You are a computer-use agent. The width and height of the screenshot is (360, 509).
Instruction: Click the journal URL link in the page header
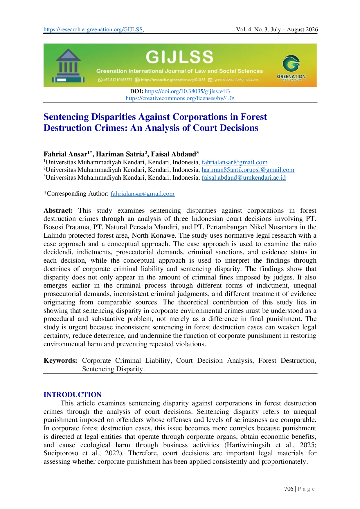pos(93,30)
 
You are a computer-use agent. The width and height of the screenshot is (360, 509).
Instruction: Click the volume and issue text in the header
pos(277,30)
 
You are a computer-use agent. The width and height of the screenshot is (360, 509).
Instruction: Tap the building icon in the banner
pos(68,66)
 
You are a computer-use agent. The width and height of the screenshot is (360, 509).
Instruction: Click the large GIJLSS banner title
pos(179,57)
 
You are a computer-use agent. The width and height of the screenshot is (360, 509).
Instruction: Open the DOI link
pos(187,91)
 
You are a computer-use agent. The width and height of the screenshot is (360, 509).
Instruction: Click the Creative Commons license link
pos(180,98)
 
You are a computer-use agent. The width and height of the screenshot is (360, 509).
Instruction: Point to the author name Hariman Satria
pos(120,154)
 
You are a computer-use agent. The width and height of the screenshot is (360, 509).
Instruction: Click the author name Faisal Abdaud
pos(173,154)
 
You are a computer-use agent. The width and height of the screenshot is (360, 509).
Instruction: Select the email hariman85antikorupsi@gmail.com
pos(248,170)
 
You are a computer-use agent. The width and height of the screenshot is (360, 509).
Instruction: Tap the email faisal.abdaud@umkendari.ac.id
pos(244,178)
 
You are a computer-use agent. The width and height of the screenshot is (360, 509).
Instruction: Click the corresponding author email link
pos(143,194)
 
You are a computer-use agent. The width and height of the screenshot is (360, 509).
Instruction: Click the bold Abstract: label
pos(58,211)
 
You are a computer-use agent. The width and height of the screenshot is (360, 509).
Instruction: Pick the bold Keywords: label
pos(60,361)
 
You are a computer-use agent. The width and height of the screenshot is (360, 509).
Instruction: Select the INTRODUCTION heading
pos(73,395)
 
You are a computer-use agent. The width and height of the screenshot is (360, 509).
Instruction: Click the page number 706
pos(289,489)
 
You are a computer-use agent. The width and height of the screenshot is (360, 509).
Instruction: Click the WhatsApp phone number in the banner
pos(115,80)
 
